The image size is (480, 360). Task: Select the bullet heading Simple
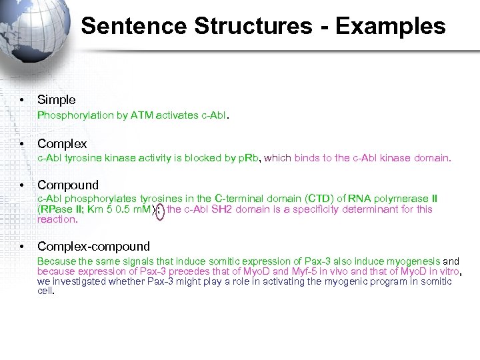point(57,100)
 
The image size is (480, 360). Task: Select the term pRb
point(249,158)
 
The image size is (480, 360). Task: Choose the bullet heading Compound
point(68,185)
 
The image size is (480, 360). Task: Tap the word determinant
point(372,209)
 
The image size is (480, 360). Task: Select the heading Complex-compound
point(93,247)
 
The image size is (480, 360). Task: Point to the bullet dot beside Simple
point(23,100)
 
